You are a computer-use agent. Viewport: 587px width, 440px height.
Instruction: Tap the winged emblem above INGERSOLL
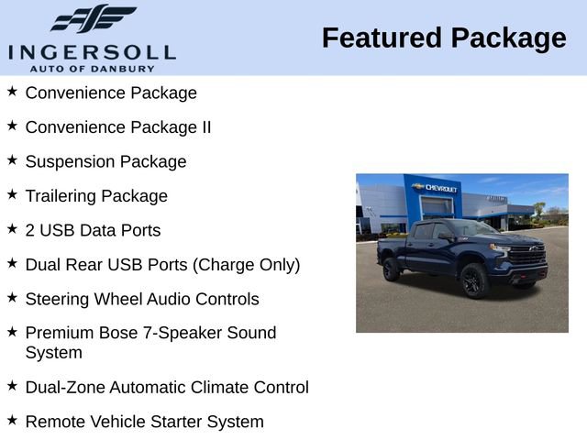pyautogui.click(x=93, y=19)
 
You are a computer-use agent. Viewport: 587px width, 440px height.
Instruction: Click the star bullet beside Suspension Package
pyautogui.click(x=12, y=159)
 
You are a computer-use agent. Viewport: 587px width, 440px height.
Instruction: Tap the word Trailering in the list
pyautogui.click(x=61, y=196)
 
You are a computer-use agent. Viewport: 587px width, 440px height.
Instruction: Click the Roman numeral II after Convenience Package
pyautogui.click(x=206, y=127)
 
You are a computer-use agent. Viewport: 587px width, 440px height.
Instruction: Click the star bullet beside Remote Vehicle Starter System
pyautogui.click(x=12, y=420)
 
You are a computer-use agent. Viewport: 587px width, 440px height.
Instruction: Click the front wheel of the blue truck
pyautogui.click(x=474, y=281)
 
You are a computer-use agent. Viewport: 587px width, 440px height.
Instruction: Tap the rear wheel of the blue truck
pyautogui.click(x=392, y=269)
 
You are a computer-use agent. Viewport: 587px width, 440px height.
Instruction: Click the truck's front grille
pyautogui.click(x=529, y=257)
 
